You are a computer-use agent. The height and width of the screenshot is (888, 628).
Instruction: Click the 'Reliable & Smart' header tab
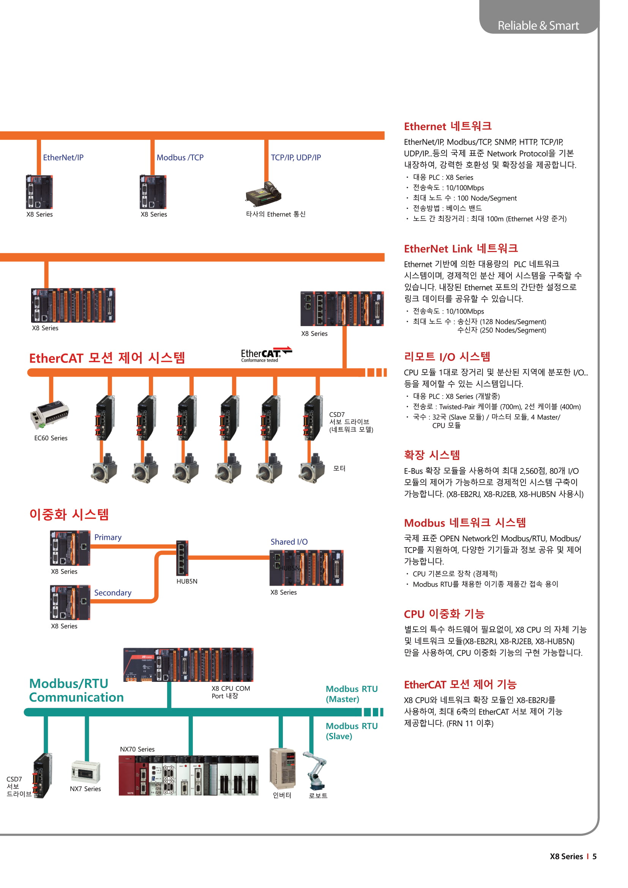(538, 25)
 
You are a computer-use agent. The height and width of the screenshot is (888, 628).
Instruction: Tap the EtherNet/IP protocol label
(63, 158)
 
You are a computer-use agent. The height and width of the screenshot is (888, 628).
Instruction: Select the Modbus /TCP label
(180, 158)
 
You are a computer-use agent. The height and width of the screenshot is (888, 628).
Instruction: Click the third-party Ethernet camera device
(264, 193)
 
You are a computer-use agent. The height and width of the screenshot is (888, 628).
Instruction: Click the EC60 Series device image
(49, 414)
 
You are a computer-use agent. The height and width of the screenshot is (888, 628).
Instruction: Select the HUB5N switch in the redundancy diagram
(182, 558)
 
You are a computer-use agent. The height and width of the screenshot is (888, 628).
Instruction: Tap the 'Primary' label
(108, 537)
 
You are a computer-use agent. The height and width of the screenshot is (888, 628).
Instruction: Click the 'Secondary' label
(112, 593)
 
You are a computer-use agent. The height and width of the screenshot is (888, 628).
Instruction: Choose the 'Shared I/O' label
(289, 542)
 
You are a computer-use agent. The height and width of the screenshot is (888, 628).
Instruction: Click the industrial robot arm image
(316, 770)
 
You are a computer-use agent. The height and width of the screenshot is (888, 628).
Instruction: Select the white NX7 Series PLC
(86, 771)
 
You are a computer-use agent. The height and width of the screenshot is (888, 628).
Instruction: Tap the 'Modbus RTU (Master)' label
(351, 694)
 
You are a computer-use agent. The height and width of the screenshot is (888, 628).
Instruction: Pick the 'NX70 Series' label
(137, 749)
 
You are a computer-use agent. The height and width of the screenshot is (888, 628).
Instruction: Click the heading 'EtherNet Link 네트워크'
(461, 248)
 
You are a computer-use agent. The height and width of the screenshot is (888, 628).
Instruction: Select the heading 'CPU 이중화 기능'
(444, 614)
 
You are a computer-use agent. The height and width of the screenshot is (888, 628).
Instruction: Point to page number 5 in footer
(594, 856)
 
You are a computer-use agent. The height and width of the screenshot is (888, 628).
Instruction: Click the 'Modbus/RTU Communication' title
(76, 690)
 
